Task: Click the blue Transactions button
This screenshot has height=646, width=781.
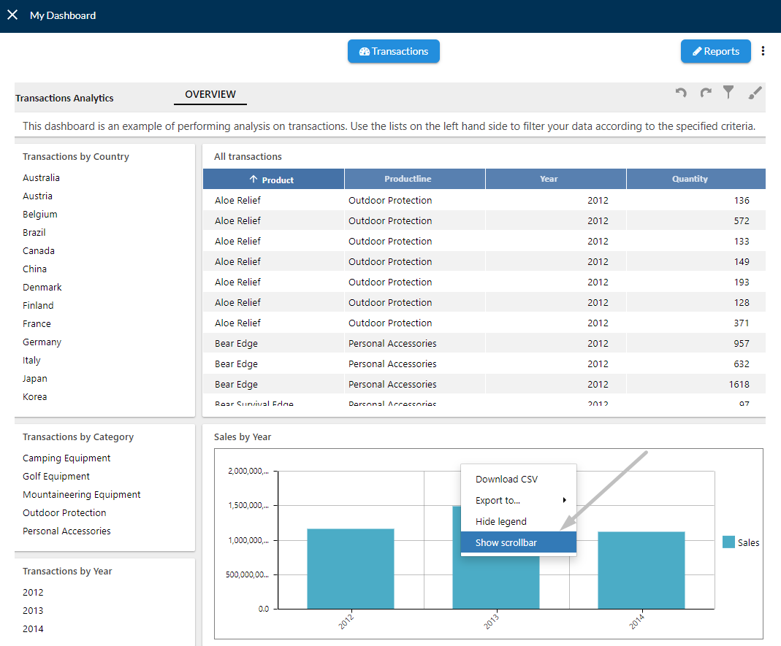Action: [394, 51]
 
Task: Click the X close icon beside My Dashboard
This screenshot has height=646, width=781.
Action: [12, 15]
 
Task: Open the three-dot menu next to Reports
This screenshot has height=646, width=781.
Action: [763, 51]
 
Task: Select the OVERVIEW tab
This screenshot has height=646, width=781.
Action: [210, 94]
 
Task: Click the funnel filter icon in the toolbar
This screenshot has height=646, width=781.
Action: [728, 92]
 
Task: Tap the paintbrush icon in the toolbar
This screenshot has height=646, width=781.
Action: [755, 93]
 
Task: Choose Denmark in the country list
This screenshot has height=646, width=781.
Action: [42, 287]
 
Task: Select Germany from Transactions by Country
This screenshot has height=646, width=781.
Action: [42, 342]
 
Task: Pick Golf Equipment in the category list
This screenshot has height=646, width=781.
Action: [56, 476]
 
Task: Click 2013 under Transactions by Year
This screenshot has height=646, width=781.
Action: [33, 611]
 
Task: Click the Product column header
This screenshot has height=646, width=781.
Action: [273, 179]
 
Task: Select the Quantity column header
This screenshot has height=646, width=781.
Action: [696, 179]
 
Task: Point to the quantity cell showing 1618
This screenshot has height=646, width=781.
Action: [739, 384]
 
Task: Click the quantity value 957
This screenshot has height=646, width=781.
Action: [741, 343]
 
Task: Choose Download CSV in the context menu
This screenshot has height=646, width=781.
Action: [506, 480]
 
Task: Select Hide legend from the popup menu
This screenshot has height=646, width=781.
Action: [501, 522]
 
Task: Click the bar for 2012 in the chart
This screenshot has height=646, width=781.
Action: [351, 569]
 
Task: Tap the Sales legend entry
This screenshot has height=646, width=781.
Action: [741, 542]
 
